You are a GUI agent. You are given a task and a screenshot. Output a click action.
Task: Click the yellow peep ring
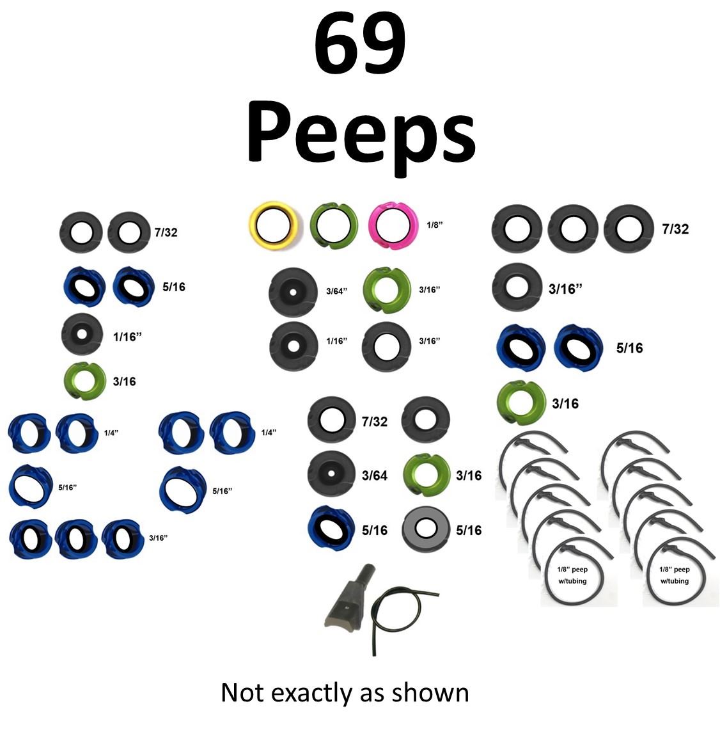[273, 226]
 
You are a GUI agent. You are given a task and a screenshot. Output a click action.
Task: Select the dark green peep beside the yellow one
[333, 226]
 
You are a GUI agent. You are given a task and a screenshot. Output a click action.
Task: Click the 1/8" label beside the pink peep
[435, 225]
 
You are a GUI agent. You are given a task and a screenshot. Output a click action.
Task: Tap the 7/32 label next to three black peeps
[675, 228]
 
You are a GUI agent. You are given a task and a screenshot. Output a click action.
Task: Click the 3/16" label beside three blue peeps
[158, 538]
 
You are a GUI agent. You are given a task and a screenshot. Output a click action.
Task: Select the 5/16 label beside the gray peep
[469, 530]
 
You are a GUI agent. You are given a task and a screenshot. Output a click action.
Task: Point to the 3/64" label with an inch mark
[336, 291]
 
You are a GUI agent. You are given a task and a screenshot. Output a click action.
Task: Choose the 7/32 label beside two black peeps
[166, 232]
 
